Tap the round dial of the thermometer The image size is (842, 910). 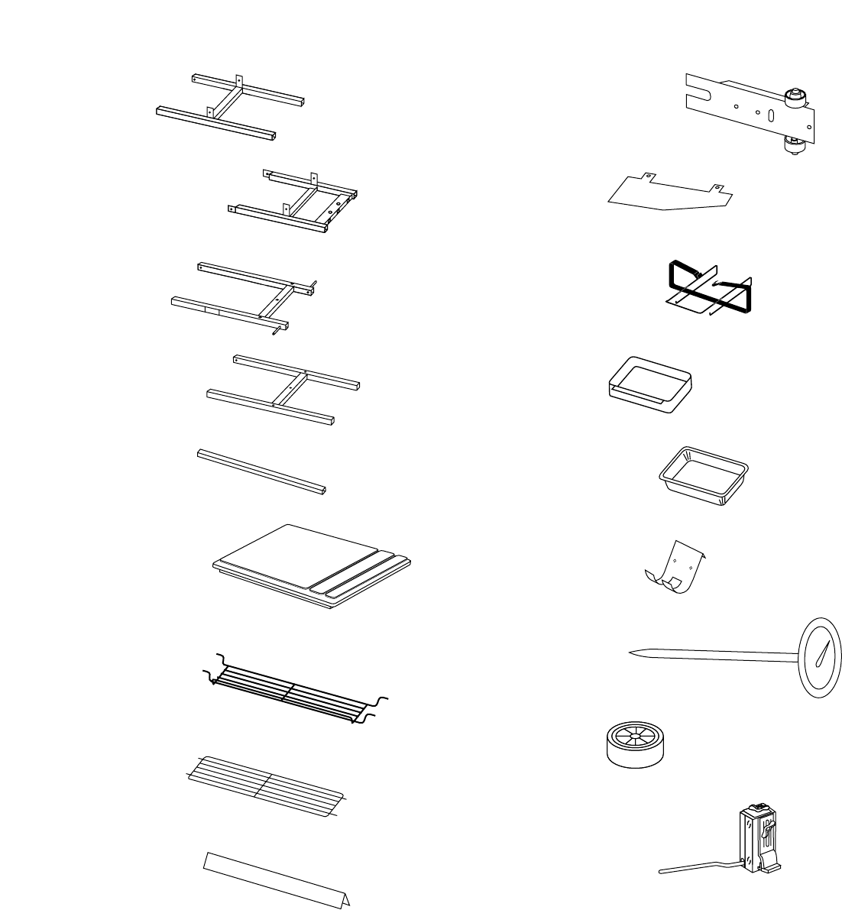click(821, 657)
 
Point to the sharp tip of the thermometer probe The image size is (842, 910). click(630, 653)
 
